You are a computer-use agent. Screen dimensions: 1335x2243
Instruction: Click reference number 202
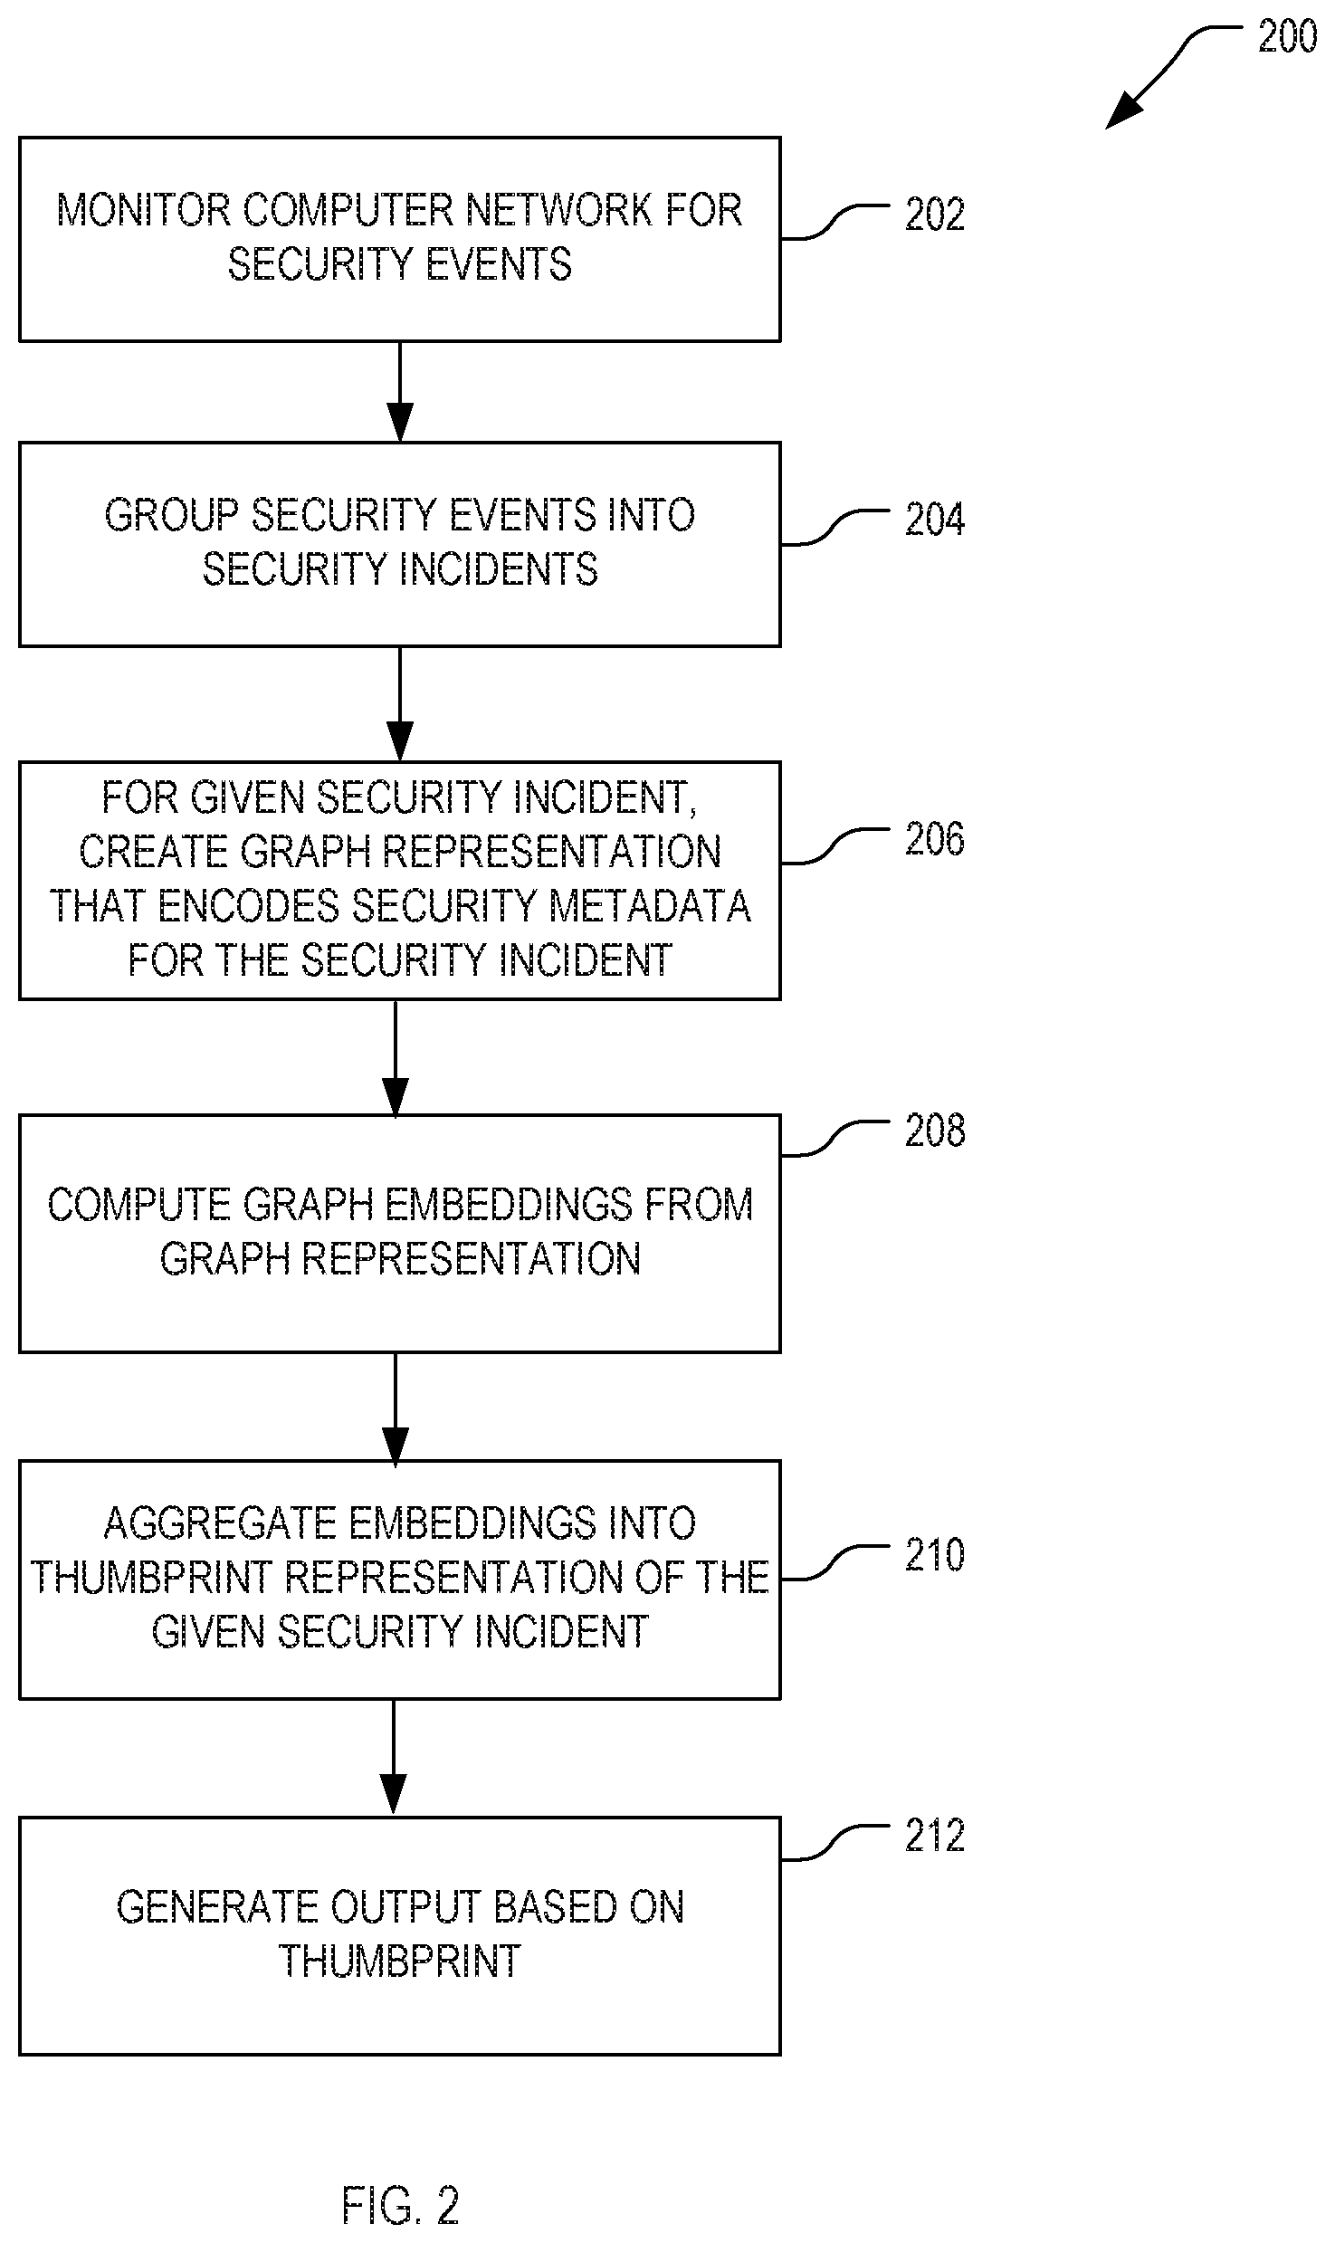(x=935, y=215)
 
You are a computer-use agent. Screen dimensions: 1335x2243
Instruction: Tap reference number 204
(x=935, y=520)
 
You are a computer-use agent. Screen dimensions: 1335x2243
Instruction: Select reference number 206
(x=935, y=839)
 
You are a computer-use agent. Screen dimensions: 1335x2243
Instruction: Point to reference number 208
(x=935, y=1131)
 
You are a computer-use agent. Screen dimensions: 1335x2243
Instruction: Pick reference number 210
(x=935, y=1555)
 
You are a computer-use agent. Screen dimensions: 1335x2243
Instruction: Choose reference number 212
(x=935, y=1836)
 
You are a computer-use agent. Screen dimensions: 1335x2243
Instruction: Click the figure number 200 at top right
(x=1287, y=37)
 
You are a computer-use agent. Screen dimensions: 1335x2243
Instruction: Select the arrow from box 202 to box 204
(x=399, y=392)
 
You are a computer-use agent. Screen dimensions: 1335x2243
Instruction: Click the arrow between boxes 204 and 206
(x=399, y=704)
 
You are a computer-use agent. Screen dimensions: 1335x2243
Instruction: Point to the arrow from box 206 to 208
(x=396, y=1058)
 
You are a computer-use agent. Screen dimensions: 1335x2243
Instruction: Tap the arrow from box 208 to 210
(x=396, y=1408)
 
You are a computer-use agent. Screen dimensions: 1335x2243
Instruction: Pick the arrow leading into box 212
(x=394, y=1758)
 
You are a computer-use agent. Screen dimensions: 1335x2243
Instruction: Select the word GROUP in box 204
(x=171, y=516)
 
